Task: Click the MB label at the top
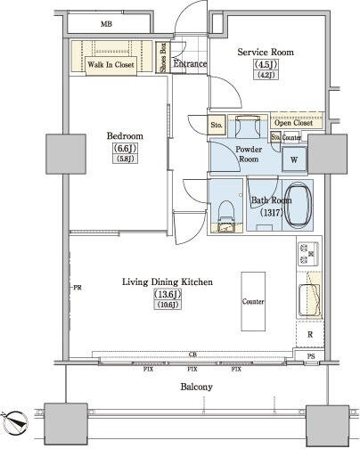(106, 24)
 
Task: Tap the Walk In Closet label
(110, 64)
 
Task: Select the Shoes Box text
(163, 57)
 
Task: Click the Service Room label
(266, 53)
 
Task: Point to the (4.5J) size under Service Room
(266, 64)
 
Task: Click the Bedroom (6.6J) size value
(125, 148)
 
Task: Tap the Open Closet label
(293, 123)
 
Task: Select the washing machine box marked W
(294, 159)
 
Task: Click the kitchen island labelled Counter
(253, 301)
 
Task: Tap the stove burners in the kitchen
(308, 254)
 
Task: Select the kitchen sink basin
(309, 300)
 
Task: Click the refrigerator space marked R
(310, 335)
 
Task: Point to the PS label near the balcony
(311, 356)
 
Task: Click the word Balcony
(196, 387)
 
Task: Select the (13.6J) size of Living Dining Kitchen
(168, 294)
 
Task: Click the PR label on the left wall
(78, 288)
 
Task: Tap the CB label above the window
(192, 355)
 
